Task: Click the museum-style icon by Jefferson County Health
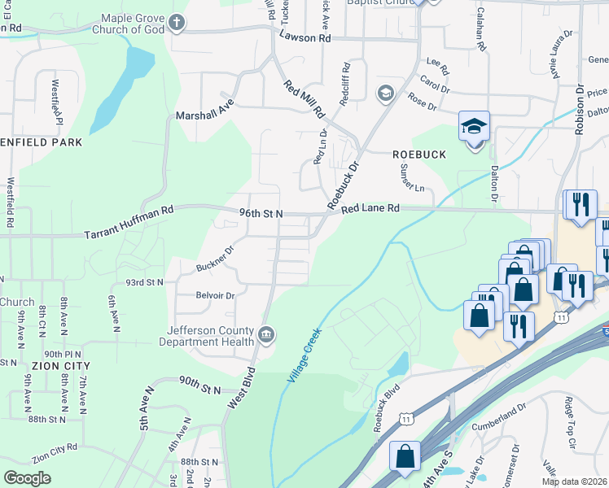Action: (x=266, y=334)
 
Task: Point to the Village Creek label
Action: (x=305, y=355)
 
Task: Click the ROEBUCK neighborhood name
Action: (x=418, y=154)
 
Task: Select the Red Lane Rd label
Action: (x=370, y=209)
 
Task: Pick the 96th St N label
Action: (x=261, y=213)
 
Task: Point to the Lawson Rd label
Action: (x=304, y=37)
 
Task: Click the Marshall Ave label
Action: (x=204, y=115)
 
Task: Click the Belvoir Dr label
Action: (x=215, y=296)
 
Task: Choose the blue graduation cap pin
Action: (x=474, y=127)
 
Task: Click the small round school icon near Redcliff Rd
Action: (x=384, y=94)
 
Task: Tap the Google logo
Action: (x=27, y=478)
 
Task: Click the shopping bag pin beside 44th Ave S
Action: (x=405, y=457)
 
